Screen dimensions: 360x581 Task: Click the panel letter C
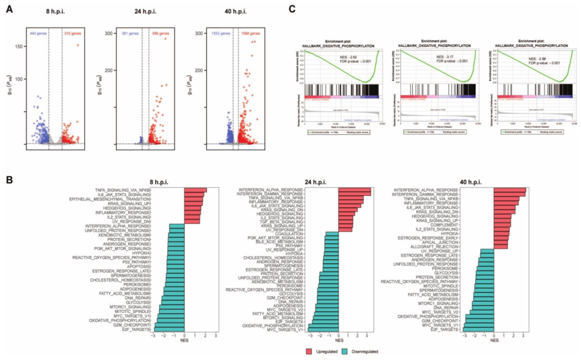click(x=292, y=9)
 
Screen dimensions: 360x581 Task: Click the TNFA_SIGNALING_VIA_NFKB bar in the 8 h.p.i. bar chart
click(x=195, y=190)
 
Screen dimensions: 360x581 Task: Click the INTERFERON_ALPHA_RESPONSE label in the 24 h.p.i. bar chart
click(x=275, y=189)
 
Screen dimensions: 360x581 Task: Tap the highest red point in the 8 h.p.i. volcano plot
click(x=77, y=45)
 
